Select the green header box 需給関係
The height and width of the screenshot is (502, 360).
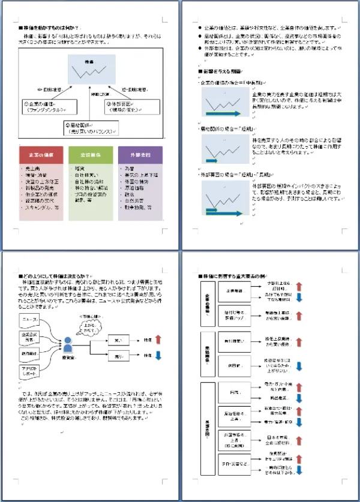(89, 155)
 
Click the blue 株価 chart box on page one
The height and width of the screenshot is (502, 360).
(91, 70)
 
